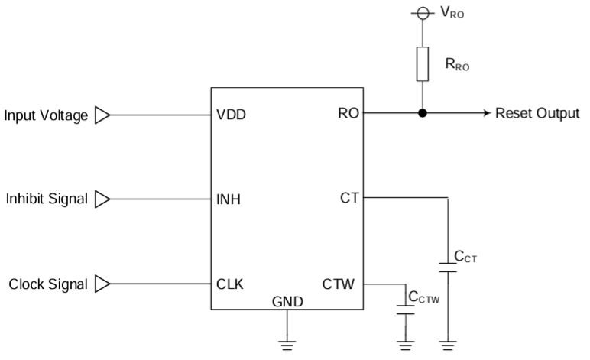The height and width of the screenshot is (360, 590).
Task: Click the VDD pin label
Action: (231, 116)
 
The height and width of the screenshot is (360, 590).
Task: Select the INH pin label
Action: (229, 200)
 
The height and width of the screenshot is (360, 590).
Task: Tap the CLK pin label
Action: (229, 284)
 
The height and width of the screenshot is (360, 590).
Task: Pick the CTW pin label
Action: (339, 284)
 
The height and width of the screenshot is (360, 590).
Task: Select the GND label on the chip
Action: (287, 301)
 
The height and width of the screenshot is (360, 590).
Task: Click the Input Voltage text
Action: (47, 116)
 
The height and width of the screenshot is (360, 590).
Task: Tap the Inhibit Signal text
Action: (47, 200)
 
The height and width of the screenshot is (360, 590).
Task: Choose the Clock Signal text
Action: (48, 284)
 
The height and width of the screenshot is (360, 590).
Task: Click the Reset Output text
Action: (537, 114)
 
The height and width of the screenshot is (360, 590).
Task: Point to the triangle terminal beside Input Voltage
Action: (102, 116)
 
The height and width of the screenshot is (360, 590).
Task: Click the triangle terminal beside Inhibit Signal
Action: (102, 200)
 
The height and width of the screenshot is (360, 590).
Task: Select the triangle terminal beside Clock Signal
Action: (102, 284)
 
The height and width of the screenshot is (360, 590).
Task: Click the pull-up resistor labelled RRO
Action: (422, 64)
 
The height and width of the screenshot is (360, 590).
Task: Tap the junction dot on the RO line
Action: (422, 114)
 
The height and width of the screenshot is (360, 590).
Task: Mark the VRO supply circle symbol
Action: (422, 13)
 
